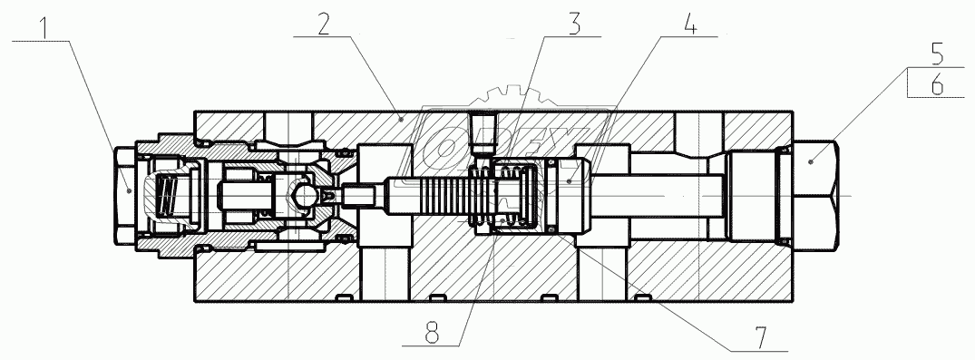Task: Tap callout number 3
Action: (x=574, y=23)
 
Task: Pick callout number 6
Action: (x=937, y=84)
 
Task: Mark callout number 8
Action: (x=431, y=333)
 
